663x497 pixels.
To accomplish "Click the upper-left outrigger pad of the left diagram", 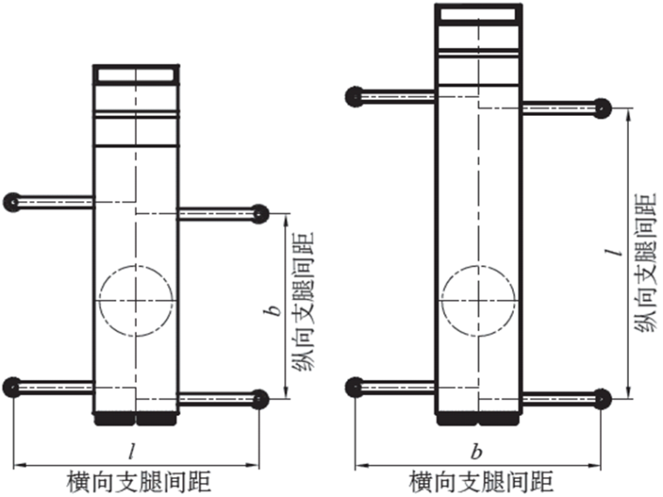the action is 11,202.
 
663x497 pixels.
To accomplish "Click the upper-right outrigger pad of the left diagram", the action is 260,214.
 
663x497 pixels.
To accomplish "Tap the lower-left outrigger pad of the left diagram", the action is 11,386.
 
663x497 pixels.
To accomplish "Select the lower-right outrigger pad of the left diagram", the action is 260,398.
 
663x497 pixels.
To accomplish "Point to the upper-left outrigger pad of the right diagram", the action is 353,96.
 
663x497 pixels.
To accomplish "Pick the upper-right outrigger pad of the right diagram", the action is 602,109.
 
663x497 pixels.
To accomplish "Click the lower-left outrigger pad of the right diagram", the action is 353,386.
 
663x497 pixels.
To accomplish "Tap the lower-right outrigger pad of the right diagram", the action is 602,398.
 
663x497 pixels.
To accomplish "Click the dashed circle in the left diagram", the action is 136,301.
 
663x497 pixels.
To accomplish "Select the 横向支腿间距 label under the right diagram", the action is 481,481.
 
